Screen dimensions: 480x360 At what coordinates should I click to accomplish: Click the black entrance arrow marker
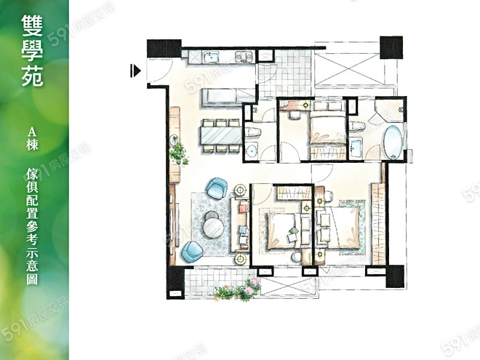(135, 71)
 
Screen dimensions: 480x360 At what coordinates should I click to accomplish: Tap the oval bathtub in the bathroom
(393, 142)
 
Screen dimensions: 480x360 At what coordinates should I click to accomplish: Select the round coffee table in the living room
(213, 228)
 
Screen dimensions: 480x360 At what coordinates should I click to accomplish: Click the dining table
(221, 135)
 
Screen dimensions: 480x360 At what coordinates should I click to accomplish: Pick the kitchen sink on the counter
(212, 57)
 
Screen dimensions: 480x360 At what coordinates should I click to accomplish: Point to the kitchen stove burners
(244, 57)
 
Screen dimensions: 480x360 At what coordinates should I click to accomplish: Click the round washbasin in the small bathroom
(252, 151)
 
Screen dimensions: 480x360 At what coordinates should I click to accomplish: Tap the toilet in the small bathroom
(254, 132)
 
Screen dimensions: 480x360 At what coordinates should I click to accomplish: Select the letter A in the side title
(32, 132)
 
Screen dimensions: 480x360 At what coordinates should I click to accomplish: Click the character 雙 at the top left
(32, 25)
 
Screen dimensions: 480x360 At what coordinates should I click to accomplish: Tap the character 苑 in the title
(32, 76)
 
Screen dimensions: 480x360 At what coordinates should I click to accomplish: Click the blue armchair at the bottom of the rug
(192, 252)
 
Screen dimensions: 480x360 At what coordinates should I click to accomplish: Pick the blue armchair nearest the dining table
(217, 188)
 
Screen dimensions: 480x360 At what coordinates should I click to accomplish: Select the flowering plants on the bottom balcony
(238, 290)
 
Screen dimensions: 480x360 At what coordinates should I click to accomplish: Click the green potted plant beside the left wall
(178, 151)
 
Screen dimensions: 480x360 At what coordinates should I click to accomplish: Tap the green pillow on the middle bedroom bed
(292, 231)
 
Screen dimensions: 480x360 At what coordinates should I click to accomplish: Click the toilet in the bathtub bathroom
(357, 126)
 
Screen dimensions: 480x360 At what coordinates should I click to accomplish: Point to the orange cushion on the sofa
(243, 208)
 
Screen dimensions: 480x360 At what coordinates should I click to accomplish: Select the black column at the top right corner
(391, 47)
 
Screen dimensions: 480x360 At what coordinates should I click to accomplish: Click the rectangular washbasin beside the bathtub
(356, 148)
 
